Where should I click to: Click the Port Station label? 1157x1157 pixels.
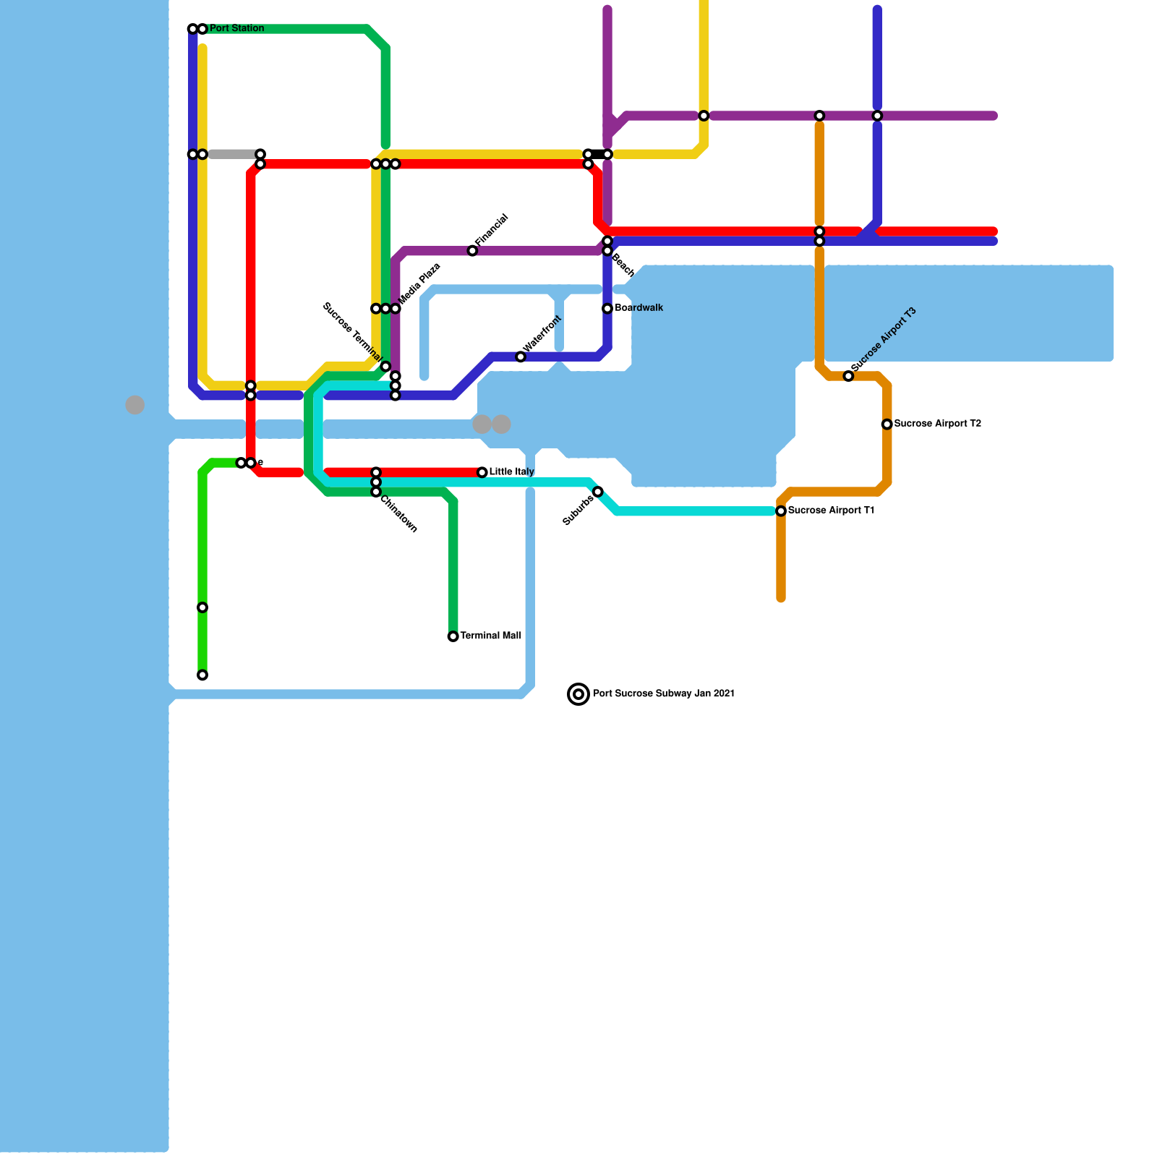[236, 29]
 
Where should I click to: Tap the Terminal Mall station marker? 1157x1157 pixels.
[453, 636]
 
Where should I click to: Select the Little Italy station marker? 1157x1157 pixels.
[482, 472]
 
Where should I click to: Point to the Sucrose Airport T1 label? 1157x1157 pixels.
[831, 511]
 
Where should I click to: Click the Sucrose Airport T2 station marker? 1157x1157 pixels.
[887, 424]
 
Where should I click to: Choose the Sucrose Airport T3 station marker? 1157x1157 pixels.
[848, 376]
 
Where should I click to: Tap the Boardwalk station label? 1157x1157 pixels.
[639, 308]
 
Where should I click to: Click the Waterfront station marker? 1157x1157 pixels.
[521, 357]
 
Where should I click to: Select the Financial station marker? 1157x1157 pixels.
[472, 251]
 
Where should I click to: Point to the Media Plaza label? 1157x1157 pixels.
[419, 283]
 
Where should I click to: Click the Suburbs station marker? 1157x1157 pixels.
[598, 492]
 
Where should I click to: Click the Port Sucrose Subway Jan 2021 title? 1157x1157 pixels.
[664, 693]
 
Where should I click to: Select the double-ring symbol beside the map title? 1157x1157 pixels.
[578, 694]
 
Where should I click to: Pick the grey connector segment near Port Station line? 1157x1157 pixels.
[231, 154]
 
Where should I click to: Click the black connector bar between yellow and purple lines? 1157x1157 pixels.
[598, 154]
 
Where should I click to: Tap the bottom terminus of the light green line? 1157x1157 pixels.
[202, 675]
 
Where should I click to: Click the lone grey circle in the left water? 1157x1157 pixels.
[135, 405]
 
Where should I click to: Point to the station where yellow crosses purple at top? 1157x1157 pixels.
[704, 116]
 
